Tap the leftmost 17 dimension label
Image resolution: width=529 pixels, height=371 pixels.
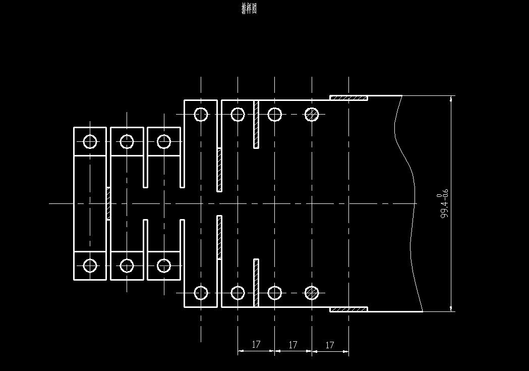256,345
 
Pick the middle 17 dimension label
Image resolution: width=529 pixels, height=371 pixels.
293,345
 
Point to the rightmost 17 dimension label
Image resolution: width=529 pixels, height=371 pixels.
330,345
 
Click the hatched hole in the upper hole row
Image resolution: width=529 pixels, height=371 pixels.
312,115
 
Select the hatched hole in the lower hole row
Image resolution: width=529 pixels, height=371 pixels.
312,293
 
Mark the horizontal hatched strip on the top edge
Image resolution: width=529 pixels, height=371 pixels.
348,97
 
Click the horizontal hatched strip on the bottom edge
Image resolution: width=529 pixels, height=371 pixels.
348,309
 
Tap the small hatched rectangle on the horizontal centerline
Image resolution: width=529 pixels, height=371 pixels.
108,203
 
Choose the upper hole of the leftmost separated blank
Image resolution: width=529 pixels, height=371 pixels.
90,142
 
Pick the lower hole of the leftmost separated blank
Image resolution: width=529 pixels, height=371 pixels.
90,266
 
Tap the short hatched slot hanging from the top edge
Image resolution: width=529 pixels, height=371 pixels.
256,124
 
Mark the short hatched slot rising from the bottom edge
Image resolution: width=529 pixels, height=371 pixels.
256,283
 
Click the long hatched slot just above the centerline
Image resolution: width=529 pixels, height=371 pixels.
219,170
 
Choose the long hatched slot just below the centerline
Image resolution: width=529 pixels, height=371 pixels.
219,237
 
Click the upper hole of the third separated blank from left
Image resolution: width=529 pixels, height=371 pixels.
164,142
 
